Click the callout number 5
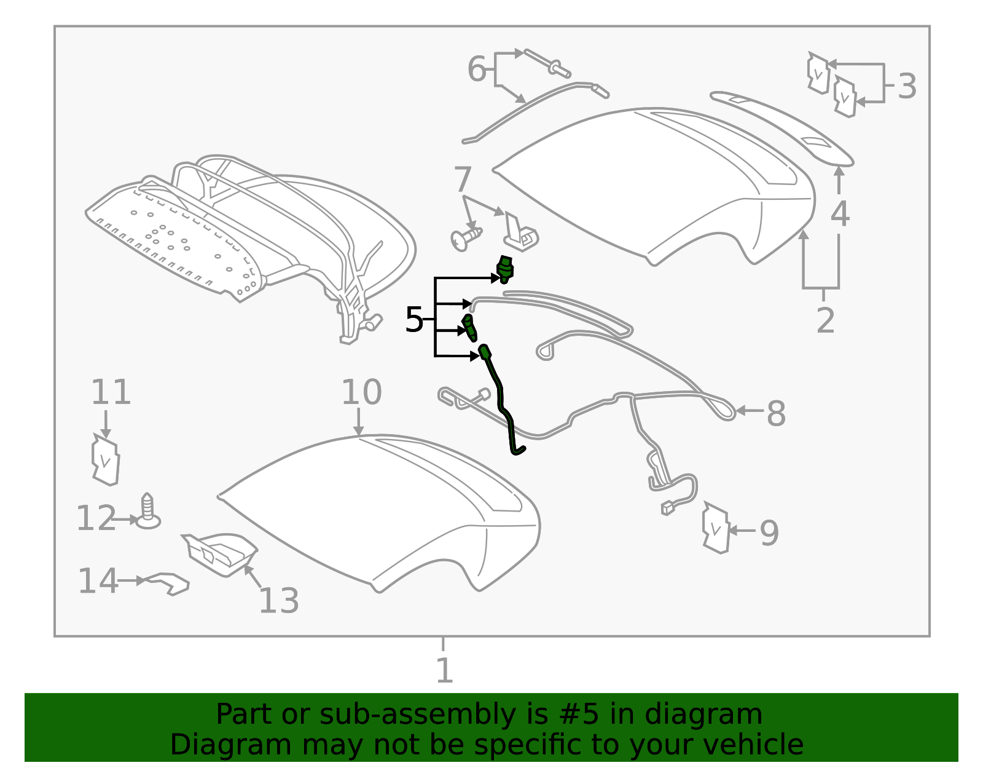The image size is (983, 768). point(414,320)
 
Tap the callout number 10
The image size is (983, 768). point(361,392)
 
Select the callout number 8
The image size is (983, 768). point(776,413)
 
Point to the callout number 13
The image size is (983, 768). point(279,601)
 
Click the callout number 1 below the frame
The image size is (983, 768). point(444,670)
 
